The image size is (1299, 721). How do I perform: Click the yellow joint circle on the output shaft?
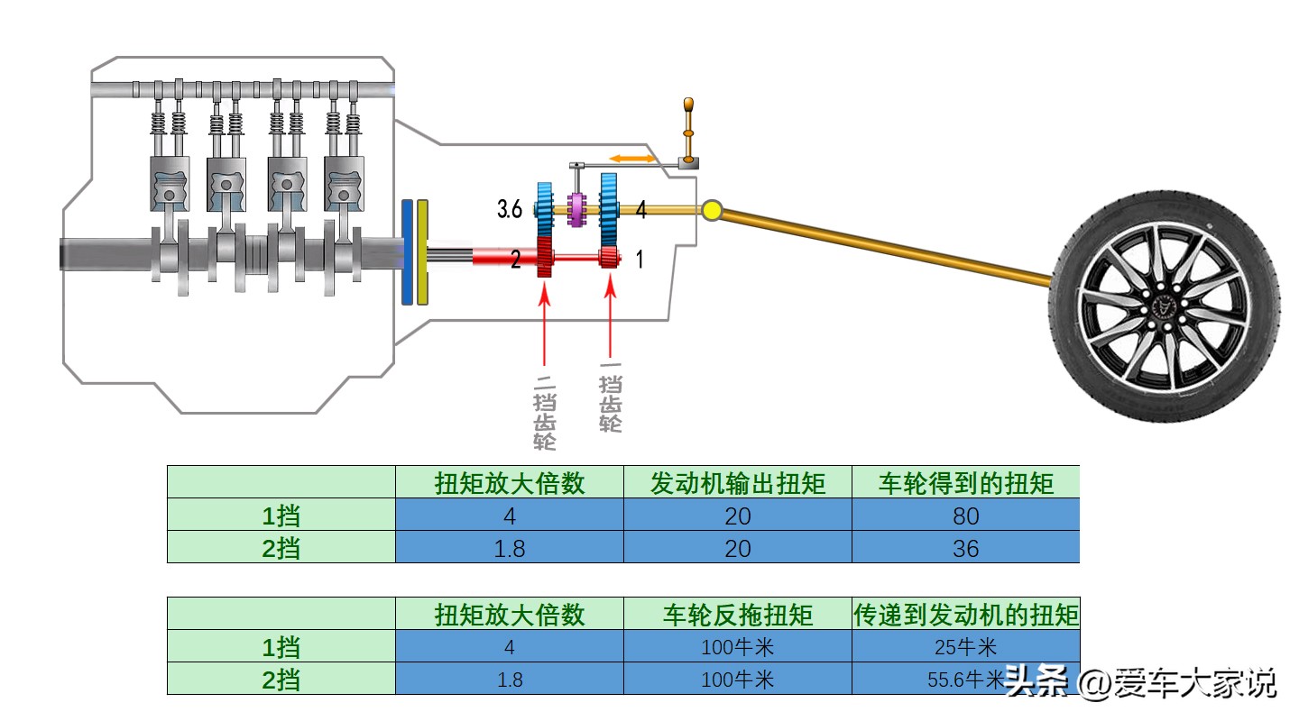tap(712, 211)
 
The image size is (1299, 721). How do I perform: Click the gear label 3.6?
tap(509, 210)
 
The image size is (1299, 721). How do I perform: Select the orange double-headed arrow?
tap(631, 159)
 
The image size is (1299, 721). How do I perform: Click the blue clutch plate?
tap(408, 251)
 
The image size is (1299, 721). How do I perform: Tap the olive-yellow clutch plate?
tap(423, 252)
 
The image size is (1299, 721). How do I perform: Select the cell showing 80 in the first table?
tap(965, 516)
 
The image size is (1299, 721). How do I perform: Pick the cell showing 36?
tap(965, 548)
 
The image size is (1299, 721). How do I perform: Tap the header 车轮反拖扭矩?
tap(738, 615)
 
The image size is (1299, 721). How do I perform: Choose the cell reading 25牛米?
tap(965, 647)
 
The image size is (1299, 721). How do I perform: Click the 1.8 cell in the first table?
tap(510, 548)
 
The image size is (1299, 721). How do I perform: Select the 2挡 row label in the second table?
tap(281, 680)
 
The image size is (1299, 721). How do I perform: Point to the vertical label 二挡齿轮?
tap(545, 410)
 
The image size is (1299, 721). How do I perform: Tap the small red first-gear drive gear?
tap(610, 259)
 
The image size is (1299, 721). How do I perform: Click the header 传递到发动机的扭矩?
tap(965, 615)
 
